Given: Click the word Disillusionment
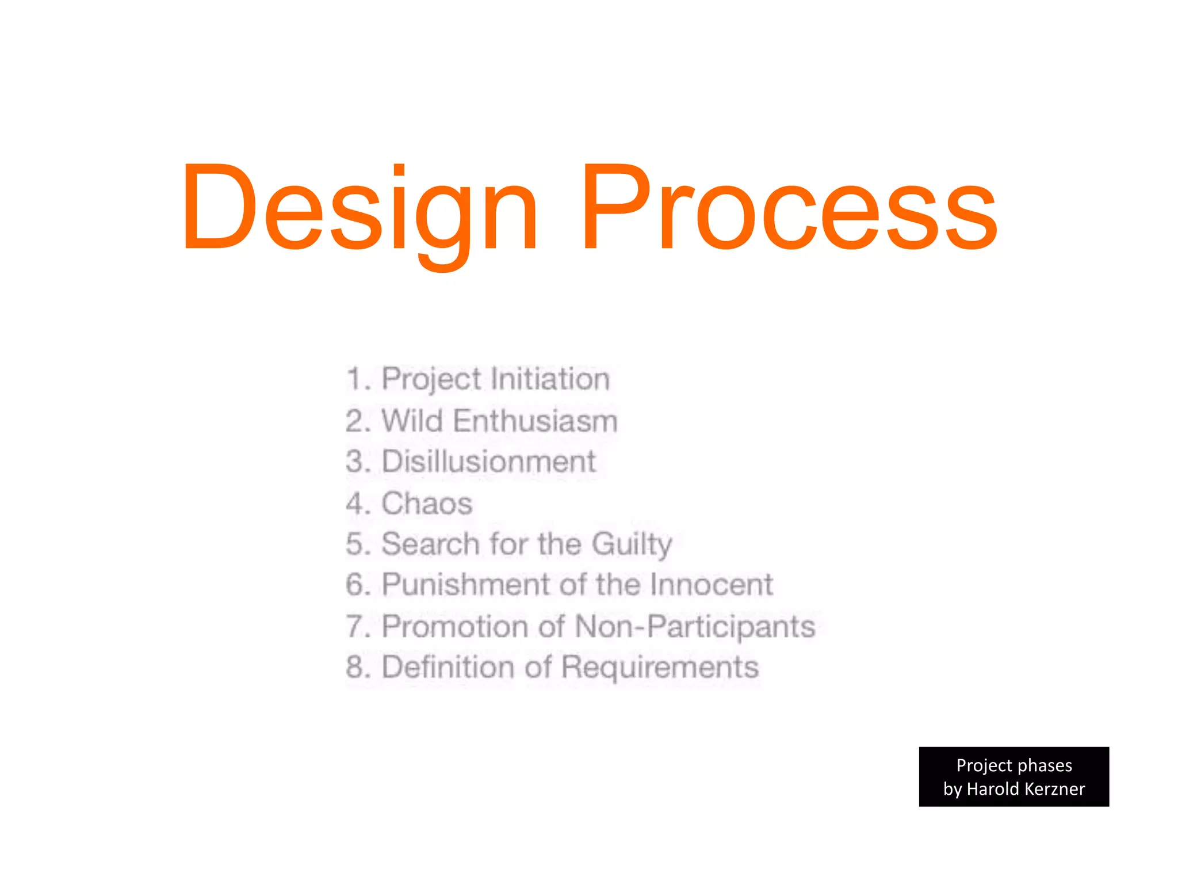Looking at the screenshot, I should (x=488, y=462).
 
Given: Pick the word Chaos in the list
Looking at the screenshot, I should (x=427, y=504).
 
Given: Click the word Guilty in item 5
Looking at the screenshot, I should (x=632, y=544).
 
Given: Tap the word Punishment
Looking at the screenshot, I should (x=466, y=585).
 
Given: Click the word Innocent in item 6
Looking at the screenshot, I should (x=712, y=585).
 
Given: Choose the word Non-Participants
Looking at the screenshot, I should (x=695, y=626).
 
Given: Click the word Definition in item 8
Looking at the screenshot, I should (x=448, y=667).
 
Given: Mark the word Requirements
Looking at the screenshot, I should (x=660, y=667).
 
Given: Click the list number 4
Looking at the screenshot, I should (x=354, y=504).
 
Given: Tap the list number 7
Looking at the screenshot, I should (x=354, y=626).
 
